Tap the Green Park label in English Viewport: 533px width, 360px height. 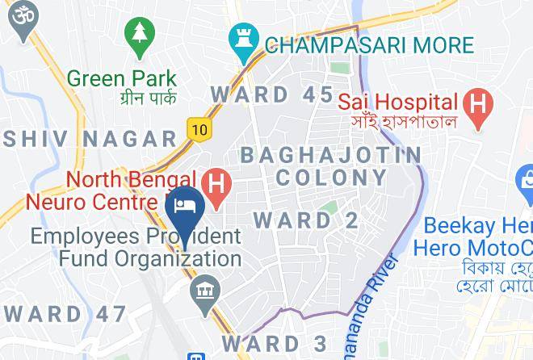pyautogui.click(x=122, y=78)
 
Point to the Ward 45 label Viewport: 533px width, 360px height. pyautogui.click(x=272, y=94)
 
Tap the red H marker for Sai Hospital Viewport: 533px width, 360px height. pyautogui.click(x=478, y=106)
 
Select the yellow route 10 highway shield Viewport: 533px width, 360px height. pyautogui.click(x=198, y=128)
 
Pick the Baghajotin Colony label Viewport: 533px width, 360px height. pyautogui.click(x=331, y=165)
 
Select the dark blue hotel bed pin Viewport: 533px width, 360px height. pyautogui.click(x=185, y=207)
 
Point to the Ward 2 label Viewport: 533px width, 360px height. pyautogui.click(x=305, y=220)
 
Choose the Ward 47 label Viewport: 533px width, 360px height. pyautogui.click(x=65, y=313)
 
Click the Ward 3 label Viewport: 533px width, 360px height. pyautogui.click(x=275, y=342)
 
